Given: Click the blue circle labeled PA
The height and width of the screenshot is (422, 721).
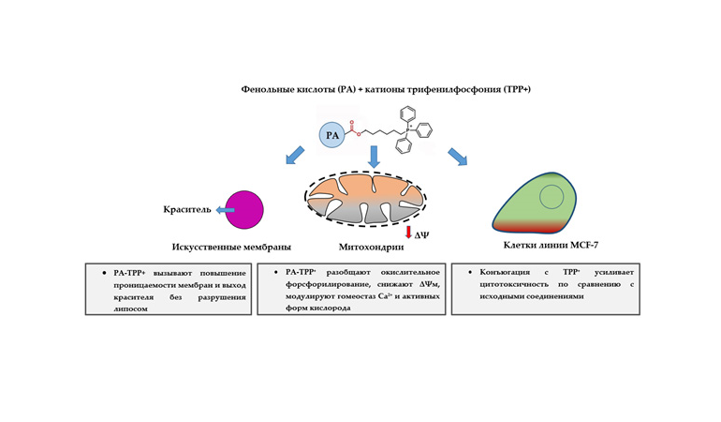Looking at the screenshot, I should [331, 136].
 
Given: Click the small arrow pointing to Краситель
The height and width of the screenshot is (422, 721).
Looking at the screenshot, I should [225, 210].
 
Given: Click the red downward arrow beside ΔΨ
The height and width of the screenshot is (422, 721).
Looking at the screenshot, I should [408, 231].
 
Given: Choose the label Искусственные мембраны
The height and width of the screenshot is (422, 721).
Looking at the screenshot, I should [225, 248].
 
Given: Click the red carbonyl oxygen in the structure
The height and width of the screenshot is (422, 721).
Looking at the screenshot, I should [350, 120].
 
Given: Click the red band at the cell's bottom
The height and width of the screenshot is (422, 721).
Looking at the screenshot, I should [529, 226].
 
